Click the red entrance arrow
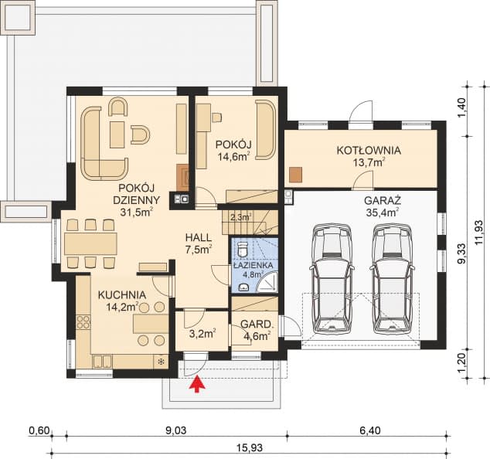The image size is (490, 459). (x=197, y=384)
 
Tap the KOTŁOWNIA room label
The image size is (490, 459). (x=369, y=150)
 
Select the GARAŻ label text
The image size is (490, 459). (x=383, y=200)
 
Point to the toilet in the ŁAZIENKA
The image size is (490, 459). (x=243, y=250)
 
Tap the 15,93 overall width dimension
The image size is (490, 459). (x=250, y=447)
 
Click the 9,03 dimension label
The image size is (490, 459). (x=176, y=431)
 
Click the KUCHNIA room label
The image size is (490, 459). (x=122, y=294)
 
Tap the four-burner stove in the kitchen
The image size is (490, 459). (x=83, y=322)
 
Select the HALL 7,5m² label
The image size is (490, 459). (x=199, y=243)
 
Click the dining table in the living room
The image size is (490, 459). (x=90, y=243)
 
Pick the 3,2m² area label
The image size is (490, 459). (x=202, y=334)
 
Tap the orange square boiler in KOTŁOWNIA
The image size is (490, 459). (x=296, y=175)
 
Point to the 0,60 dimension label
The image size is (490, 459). (x=39, y=431)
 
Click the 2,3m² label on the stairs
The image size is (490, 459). (x=241, y=216)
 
